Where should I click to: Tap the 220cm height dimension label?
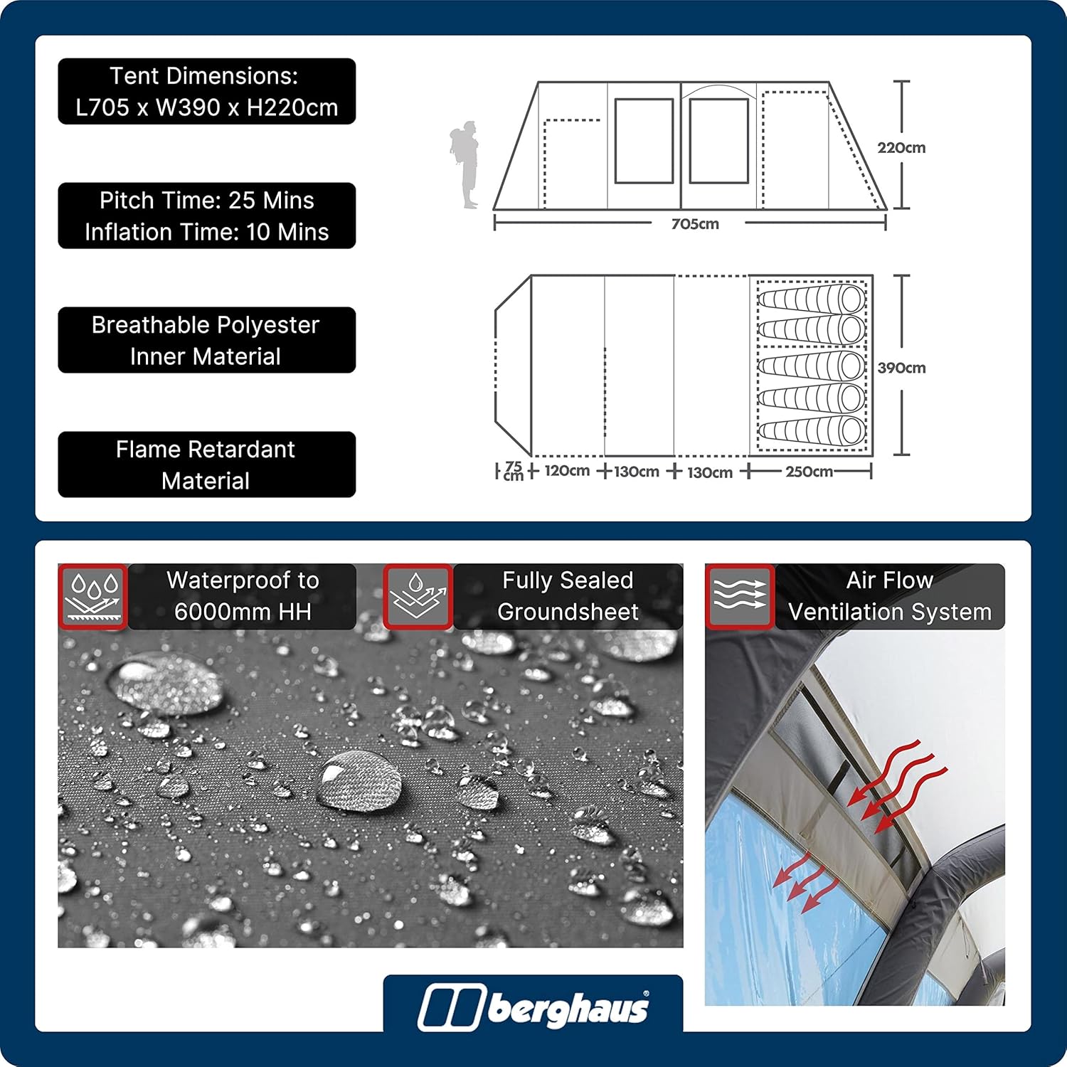tap(901, 148)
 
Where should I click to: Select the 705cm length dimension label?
tap(695, 224)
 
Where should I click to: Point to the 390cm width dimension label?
tap(901, 368)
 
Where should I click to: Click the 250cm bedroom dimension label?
tap(809, 472)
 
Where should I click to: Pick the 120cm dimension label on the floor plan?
tap(567, 471)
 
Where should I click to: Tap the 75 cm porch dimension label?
tap(514, 471)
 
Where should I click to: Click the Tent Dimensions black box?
tap(207, 91)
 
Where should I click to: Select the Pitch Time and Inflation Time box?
tap(207, 216)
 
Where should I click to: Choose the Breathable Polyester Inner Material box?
tap(207, 340)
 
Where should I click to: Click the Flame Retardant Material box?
tap(207, 465)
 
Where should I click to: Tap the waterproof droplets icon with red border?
tap(92, 597)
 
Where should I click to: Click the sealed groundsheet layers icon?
tap(418, 597)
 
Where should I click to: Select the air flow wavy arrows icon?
tap(740, 597)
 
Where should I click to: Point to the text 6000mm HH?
tap(243, 612)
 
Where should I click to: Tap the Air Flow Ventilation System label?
tap(890, 596)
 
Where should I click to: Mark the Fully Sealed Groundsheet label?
tap(568, 596)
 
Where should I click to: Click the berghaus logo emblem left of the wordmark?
tap(450, 1008)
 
